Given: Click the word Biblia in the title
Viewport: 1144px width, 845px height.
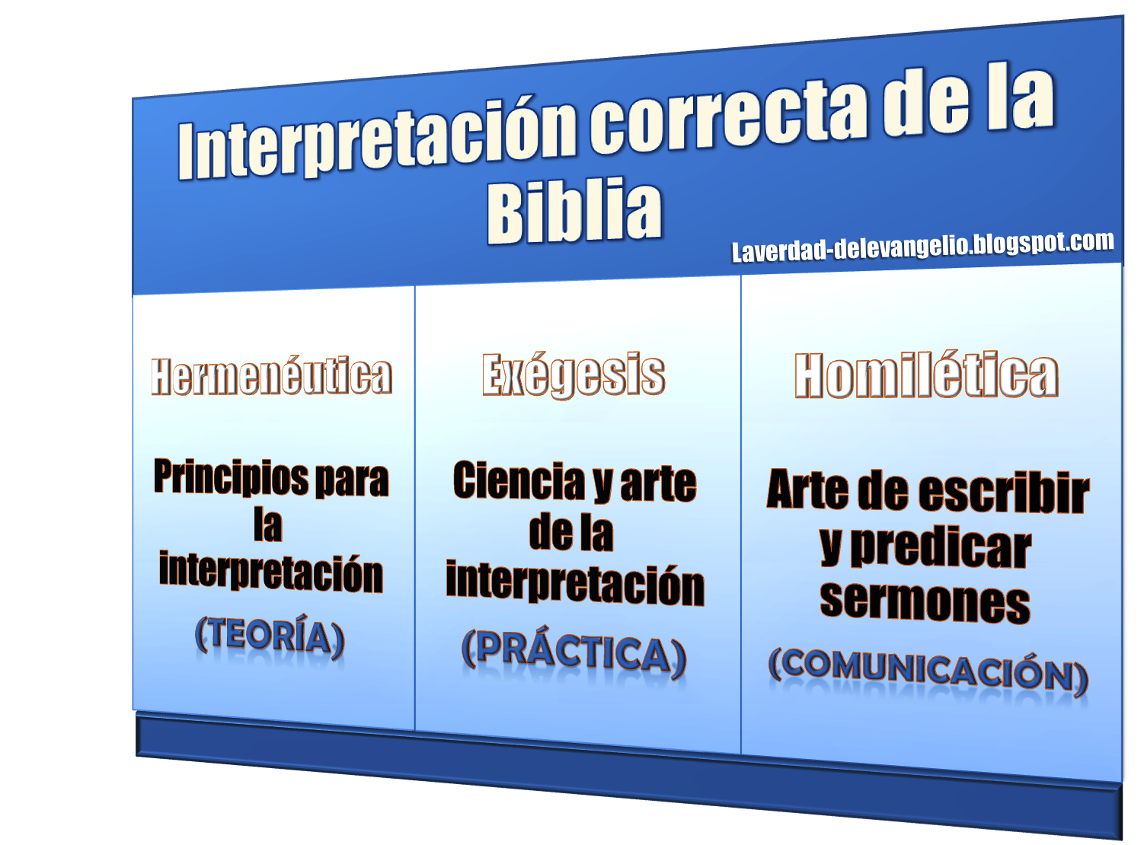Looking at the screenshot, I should (574, 210).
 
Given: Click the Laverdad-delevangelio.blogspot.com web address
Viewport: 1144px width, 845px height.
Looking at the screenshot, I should (922, 246).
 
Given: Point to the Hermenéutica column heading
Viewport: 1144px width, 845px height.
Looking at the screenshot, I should (271, 376).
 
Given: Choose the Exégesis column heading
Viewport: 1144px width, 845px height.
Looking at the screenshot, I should (574, 375).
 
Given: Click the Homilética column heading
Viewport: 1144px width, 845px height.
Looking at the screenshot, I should (926, 375).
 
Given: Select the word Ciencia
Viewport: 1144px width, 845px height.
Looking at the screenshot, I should (519, 481).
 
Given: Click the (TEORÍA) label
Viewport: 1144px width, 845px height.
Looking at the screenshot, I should (270, 636).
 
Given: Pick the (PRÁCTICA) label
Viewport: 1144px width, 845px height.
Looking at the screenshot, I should (574, 652).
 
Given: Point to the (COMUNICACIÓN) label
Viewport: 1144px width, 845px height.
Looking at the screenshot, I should (928, 670).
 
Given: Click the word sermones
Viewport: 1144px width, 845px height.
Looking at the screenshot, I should (925, 601).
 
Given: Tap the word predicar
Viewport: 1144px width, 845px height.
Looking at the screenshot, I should (941, 548).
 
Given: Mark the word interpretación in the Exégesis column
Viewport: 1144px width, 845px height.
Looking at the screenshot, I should (575, 585).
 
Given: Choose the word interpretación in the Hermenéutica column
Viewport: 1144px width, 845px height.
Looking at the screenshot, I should (270, 572).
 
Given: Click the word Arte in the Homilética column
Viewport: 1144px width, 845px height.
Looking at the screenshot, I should (807, 489).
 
